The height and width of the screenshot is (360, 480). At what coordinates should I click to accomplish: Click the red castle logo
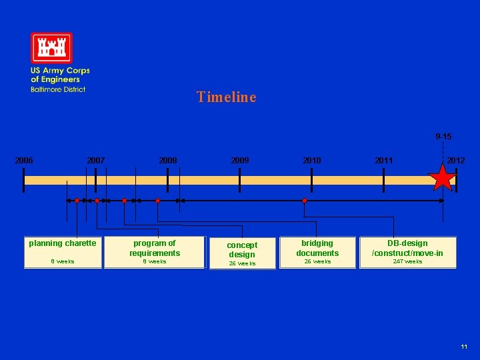pyautogui.click(x=51, y=48)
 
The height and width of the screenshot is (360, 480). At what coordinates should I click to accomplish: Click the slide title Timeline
pyautogui.click(x=226, y=97)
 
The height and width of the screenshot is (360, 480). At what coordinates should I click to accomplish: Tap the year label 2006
pyautogui.click(x=25, y=161)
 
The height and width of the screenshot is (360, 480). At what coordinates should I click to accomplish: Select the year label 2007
pyautogui.click(x=96, y=161)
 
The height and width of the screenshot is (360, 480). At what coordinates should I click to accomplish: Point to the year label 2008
pyautogui.click(x=168, y=161)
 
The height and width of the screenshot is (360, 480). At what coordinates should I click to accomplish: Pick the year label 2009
pyautogui.click(x=240, y=161)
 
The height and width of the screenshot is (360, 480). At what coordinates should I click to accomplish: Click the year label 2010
pyautogui.click(x=311, y=161)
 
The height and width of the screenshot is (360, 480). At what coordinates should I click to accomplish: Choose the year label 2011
pyautogui.click(x=384, y=161)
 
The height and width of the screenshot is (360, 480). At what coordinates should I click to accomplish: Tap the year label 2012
pyautogui.click(x=456, y=161)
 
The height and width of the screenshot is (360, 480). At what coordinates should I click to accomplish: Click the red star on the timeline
pyautogui.click(x=442, y=179)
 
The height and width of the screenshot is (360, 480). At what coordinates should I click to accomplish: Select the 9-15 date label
pyautogui.click(x=443, y=137)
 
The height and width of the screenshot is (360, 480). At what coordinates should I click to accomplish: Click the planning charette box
pyautogui.click(x=63, y=252)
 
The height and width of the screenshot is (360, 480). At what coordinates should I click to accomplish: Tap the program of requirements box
pyautogui.click(x=155, y=252)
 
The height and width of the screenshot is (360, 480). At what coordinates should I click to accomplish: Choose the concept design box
pyautogui.click(x=242, y=253)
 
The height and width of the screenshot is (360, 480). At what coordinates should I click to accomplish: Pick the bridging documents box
pyautogui.click(x=317, y=252)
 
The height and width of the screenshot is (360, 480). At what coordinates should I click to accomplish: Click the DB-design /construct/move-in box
pyautogui.click(x=407, y=252)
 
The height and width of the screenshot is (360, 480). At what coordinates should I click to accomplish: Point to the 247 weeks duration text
pyautogui.click(x=407, y=262)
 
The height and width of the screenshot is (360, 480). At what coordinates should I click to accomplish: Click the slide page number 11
pyautogui.click(x=464, y=347)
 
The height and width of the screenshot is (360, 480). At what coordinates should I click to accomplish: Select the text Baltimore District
pyautogui.click(x=58, y=89)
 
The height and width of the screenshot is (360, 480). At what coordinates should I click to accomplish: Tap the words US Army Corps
pyautogui.click(x=60, y=71)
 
